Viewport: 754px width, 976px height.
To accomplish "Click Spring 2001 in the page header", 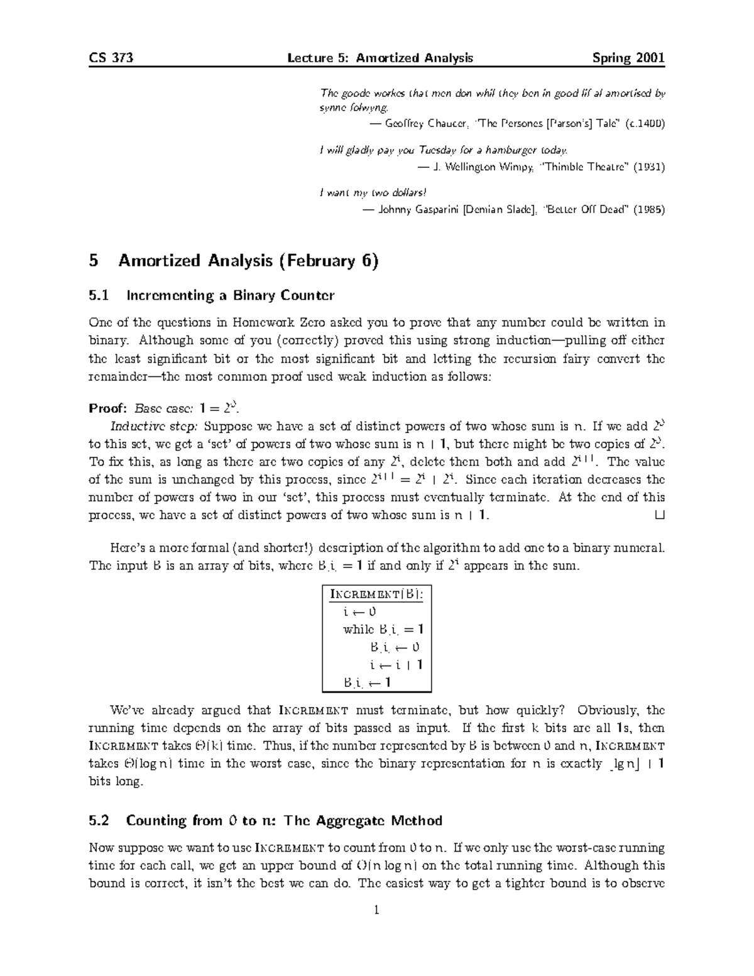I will click(x=628, y=58).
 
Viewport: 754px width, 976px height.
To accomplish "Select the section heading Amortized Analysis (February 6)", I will click(x=248, y=261).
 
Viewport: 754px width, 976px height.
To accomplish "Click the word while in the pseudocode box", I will click(x=358, y=629).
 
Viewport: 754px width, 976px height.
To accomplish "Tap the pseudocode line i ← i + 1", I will click(x=396, y=665).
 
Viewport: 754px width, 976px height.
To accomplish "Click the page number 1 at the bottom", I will click(x=376, y=910).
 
